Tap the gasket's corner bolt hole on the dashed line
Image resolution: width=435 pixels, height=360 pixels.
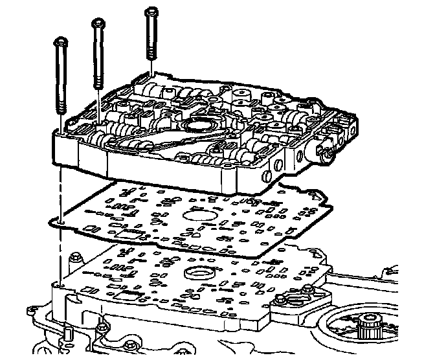click(x=60, y=224)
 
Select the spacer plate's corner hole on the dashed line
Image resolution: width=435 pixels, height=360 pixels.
click(x=59, y=284)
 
